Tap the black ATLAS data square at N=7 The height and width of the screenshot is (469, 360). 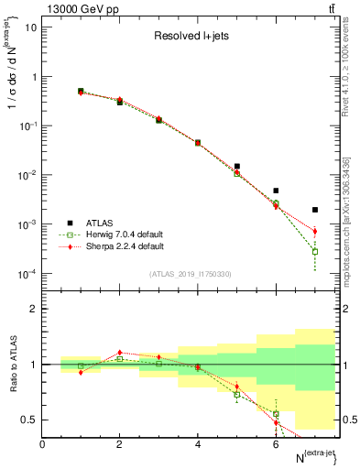click(314, 210)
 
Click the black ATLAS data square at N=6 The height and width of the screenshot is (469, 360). click(276, 191)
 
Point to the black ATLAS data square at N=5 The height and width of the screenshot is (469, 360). click(236, 167)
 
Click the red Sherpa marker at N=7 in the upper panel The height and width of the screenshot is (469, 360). click(314, 231)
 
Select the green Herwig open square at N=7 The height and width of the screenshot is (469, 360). click(314, 251)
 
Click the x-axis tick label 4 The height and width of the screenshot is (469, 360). click(198, 443)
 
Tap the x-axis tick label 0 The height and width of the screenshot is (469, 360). click(42, 443)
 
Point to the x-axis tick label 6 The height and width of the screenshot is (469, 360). click(276, 443)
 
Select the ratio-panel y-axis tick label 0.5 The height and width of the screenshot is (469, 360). click(28, 420)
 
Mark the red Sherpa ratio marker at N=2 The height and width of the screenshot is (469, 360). click(120, 352)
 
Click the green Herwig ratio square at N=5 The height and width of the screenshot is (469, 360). click(236, 394)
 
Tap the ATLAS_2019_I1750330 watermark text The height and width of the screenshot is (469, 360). click(190, 274)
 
